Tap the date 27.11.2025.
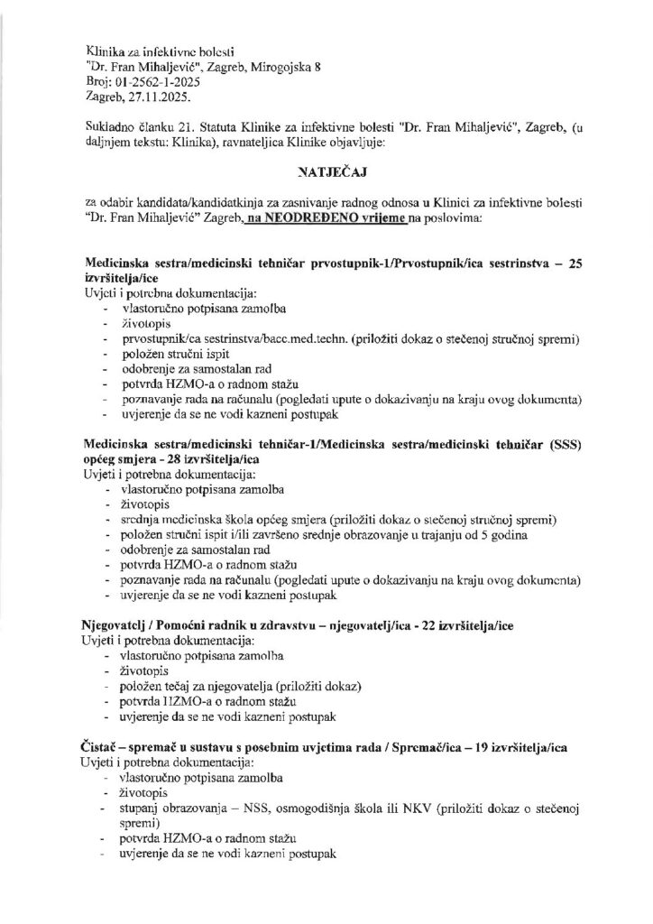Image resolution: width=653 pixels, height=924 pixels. (154, 95)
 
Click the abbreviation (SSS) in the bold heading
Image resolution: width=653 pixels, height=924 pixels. (562, 444)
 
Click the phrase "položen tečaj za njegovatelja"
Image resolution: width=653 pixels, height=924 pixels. (201, 687)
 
